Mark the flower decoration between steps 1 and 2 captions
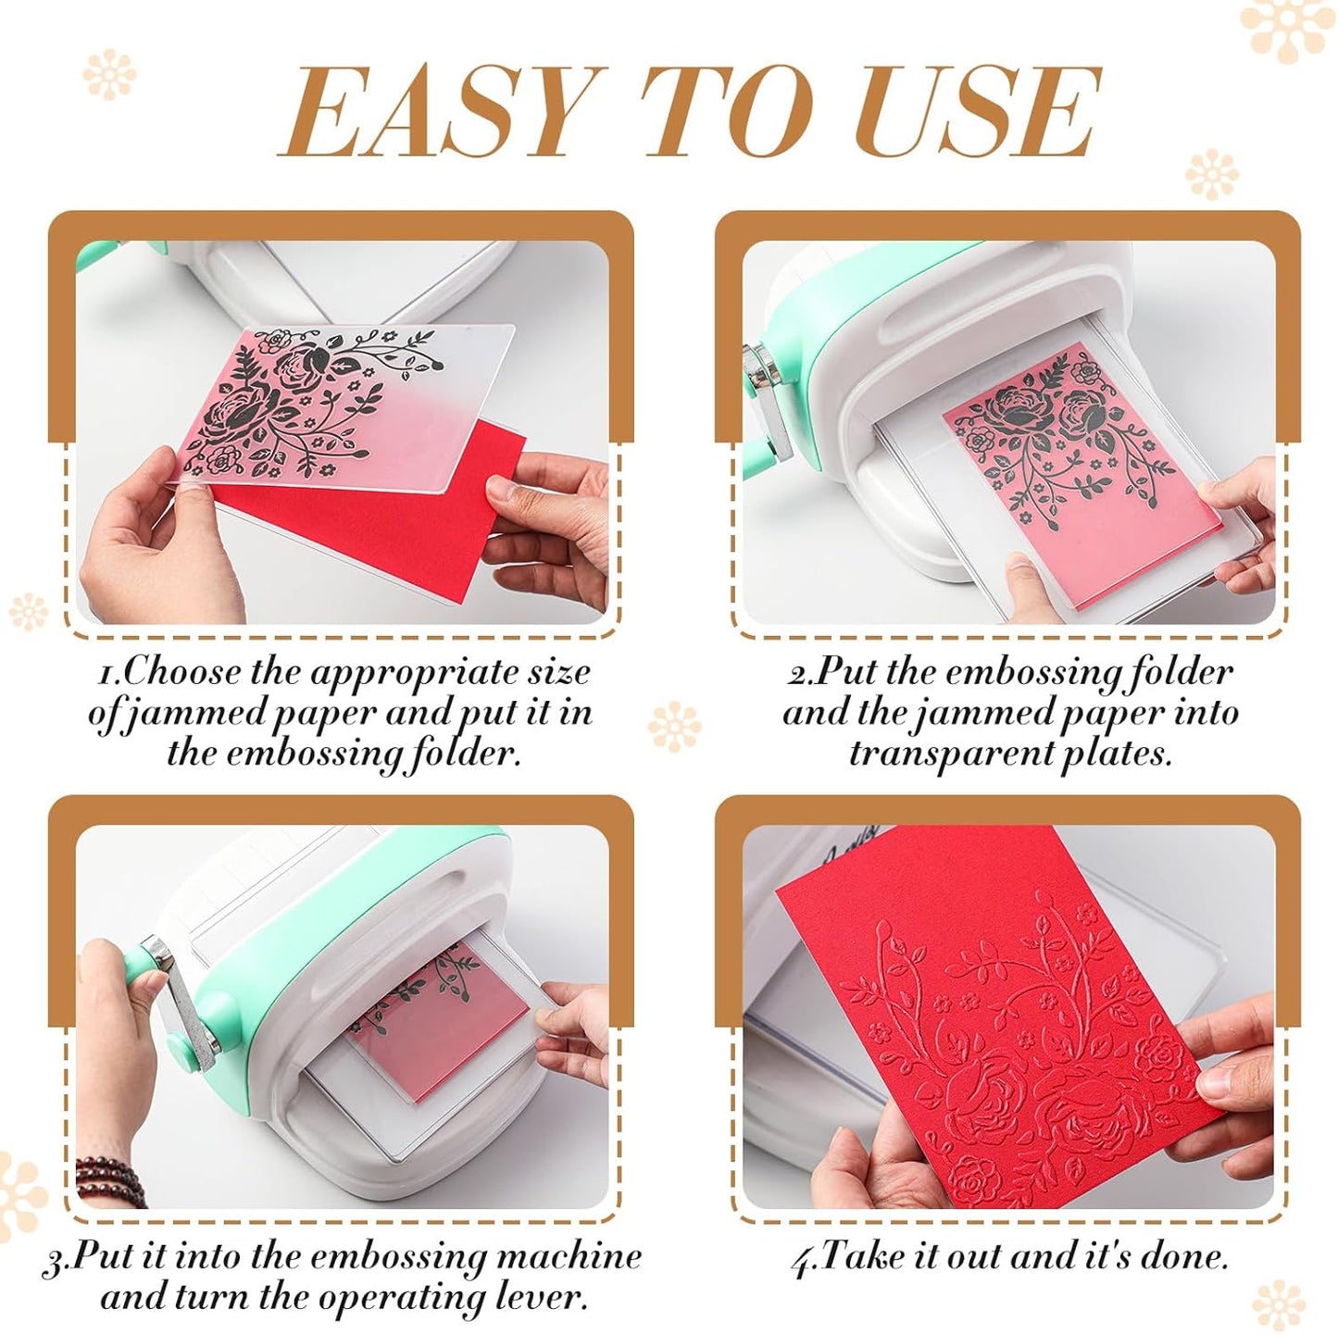(673, 727)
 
